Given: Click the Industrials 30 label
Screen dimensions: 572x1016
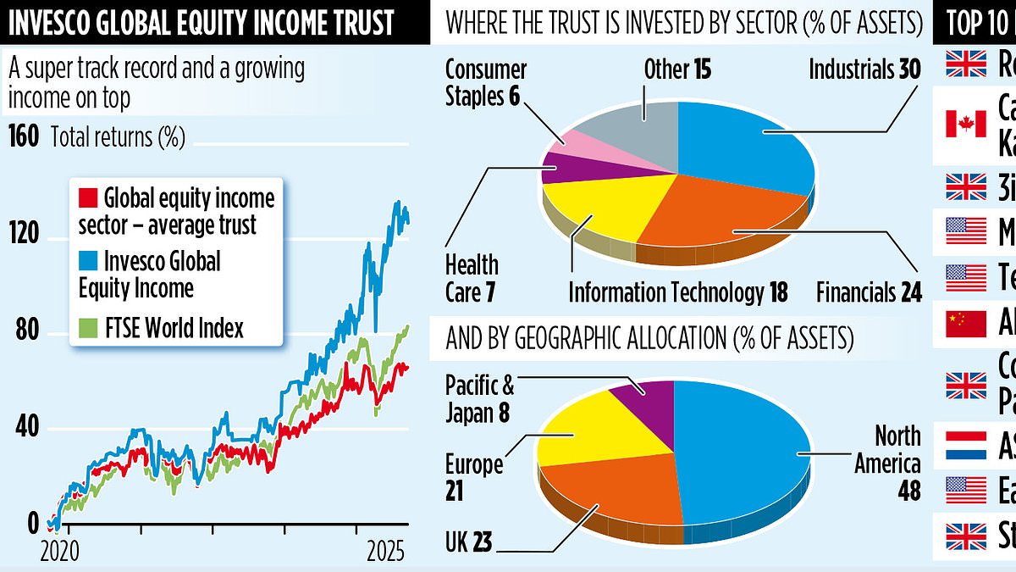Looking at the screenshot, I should pyautogui.click(x=864, y=69).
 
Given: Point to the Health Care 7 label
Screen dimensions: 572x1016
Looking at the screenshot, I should pyautogui.click(x=472, y=277).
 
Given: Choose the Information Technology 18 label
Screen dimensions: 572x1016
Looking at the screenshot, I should pyautogui.click(x=677, y=293).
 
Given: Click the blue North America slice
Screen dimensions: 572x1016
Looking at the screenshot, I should pyautogui.click(x=745, y=449).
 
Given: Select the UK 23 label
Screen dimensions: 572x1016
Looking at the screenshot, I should pyautogui.click(x=468, y=541).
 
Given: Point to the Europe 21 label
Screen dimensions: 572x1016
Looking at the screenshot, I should pyautogui.click(x=474, y=477).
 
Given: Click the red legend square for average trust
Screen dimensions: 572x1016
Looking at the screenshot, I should pyautogui.click(x=87, y=198).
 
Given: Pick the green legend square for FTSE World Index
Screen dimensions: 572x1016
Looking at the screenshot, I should pyautogui.click(x=87, y=327).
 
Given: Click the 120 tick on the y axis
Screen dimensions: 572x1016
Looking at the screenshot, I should pyautogui.click(x=24, y=232).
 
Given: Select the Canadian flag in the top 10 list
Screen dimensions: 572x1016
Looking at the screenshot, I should pyautogui.click(x=966, y=124).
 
